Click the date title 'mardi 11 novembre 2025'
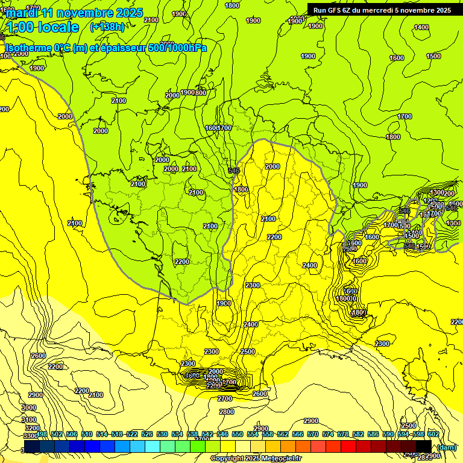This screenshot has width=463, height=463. click(75, 13)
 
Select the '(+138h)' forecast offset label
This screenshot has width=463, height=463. click(107, 27)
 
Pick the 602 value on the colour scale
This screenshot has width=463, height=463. click(433, 434)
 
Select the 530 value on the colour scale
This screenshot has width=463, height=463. click(162, 434)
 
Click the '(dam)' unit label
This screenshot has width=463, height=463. click(446, 447)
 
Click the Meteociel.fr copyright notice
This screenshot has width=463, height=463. click(256, 459)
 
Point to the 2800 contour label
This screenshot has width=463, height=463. click(227, 412)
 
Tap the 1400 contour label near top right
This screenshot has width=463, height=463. click(421, 27)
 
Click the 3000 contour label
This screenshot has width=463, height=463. click(28, 408)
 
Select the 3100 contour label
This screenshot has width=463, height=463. click(28, 419)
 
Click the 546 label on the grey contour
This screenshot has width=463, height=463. click(235, 171)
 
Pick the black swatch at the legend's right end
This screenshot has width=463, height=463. click(423, 446)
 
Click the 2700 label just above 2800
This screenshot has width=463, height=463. click(225, 398)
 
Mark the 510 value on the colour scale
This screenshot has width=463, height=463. click(86, 434)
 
